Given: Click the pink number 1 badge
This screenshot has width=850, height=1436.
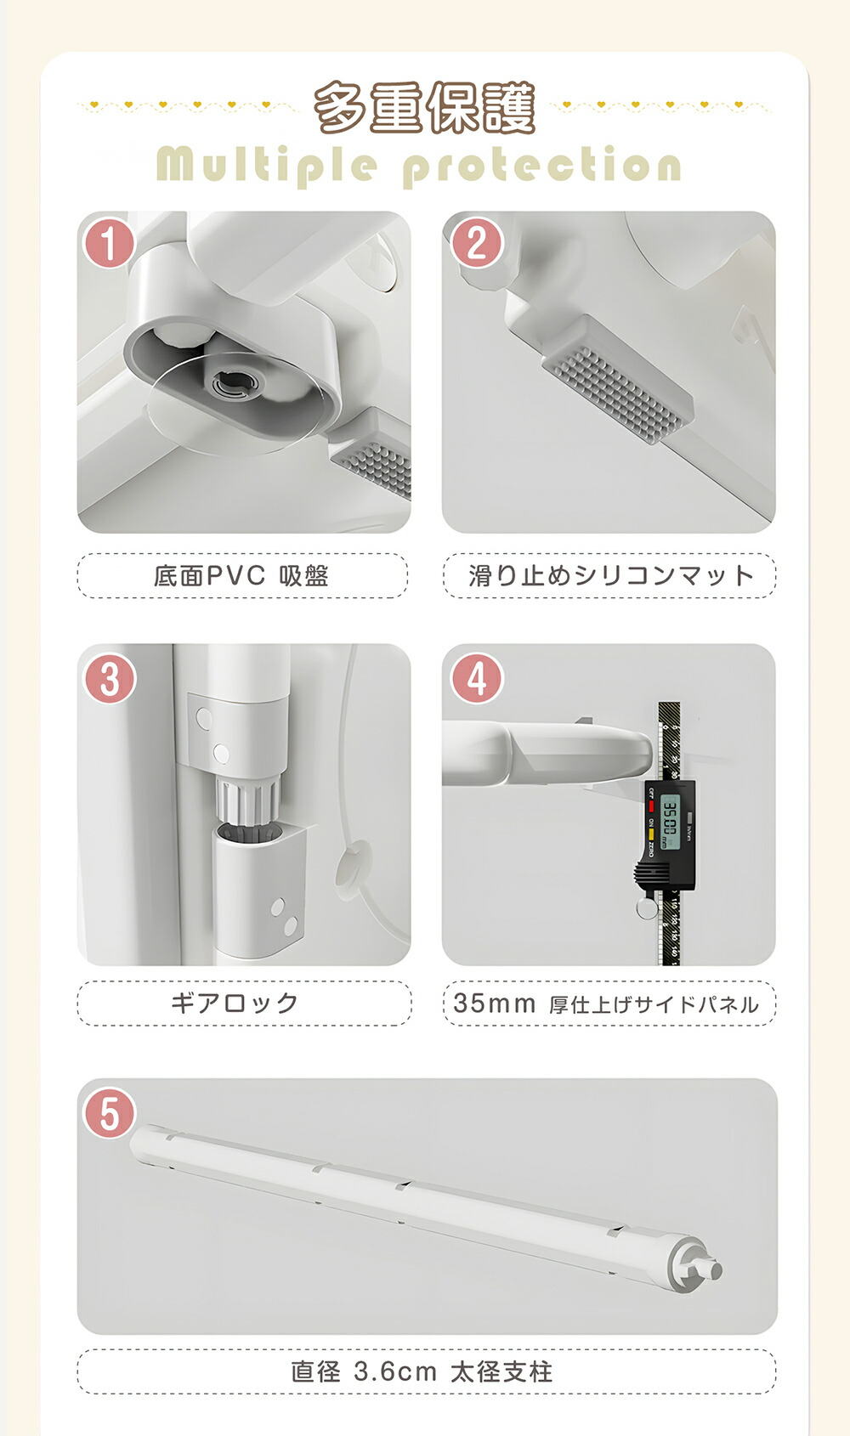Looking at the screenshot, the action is pyautogui.click(x=110, y=243).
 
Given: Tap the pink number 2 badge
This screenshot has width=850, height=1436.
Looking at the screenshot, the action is pyautogui.click(x=477, y=243).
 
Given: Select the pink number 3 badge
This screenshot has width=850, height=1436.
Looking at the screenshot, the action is pyautogui.click(x=110, y=679).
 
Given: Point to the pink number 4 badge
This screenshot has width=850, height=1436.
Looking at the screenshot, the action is pyautogui.click(x=477, y=679).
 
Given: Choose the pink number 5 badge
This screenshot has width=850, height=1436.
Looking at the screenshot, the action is pyautogui.click(x=110, y=1112).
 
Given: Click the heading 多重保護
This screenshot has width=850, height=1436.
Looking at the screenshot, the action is pyautogui.click(x=425, y=108).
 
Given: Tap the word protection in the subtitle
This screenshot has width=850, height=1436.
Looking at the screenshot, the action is pyautogui.click(x=541, y=166).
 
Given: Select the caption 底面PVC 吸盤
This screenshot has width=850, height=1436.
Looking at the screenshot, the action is pyautogui.click(x=241, y=576).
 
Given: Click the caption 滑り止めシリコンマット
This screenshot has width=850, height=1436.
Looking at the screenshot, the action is pyautogui.click(x=610, y=576).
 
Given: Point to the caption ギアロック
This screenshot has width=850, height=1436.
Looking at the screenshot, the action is pyautogui.click(x=235, y=1003).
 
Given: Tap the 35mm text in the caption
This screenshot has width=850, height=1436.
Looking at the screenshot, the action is pyautogui.click(x=494, y=1004).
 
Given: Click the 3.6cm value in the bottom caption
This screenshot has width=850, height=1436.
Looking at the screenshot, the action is pyautogui.click(x=395, y=1372).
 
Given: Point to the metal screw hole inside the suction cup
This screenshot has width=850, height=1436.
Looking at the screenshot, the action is pyautogui.click(x=236, y=384).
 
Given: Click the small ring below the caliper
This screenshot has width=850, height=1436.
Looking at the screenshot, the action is pyautogui.click(x=648, y=908).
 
